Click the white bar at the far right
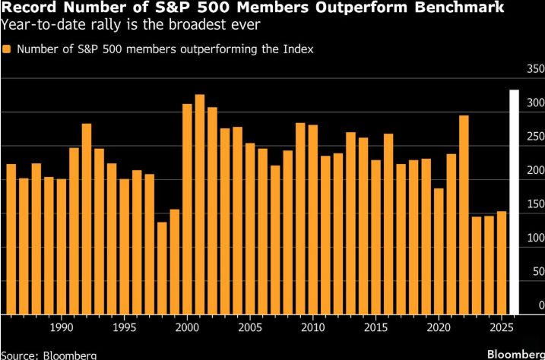click(513, 202)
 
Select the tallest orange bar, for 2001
click(200, 204)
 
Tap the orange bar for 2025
click(501, 263)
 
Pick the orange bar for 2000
click(187, 209)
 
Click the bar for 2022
click(464, 215)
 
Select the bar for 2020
click(439, 251)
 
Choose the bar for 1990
click(62, 247)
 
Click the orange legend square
click(7, 49)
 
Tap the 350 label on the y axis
click(534, 69)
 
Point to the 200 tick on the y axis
click(534, 170)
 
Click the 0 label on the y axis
click(540, 305)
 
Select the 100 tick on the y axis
click(534, 238)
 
